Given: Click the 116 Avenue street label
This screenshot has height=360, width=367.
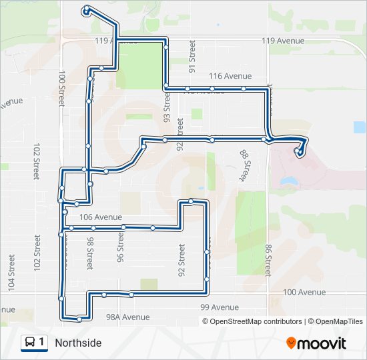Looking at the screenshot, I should coord(230,76).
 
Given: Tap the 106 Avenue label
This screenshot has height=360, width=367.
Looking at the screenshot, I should coord(100,217).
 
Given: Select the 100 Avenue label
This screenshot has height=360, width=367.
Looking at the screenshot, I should coord(304,293).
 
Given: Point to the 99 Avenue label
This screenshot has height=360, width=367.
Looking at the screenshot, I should coord(219,307).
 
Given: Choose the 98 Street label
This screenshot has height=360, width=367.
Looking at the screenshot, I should coord(89,255).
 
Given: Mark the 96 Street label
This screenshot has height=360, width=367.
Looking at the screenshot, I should coord(121,248).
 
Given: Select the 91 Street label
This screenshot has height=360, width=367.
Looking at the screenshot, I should coord(192,56).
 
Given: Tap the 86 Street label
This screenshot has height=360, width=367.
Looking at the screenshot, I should coord(267,261).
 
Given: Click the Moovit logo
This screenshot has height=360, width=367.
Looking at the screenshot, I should coord(316,343).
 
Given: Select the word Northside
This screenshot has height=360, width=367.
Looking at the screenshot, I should coord(78,343).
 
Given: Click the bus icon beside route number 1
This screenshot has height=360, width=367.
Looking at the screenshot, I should coord(30,343).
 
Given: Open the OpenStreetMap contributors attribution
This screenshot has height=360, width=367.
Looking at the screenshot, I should coord(256,321).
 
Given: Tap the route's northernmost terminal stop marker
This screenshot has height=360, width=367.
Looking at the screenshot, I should coord(87,9).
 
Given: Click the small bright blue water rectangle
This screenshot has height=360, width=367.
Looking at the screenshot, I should coord(360,127).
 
